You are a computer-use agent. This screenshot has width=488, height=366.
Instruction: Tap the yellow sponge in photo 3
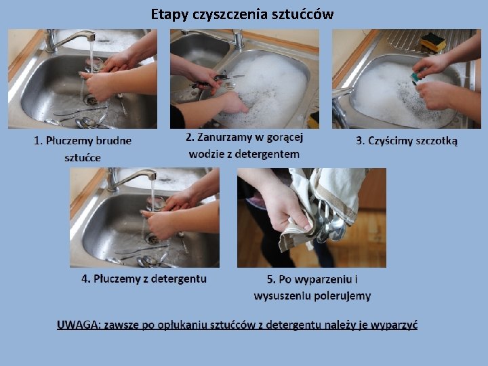pos(433,43)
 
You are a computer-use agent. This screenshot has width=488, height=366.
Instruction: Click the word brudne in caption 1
pos(114,141)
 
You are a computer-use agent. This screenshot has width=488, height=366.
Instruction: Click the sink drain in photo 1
pos(91,100)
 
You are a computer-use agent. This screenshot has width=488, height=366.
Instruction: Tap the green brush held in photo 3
pos(415,77)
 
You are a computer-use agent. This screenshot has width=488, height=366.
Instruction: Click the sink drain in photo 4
pos(152,239)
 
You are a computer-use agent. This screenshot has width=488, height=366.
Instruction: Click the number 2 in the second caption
pos(189,137)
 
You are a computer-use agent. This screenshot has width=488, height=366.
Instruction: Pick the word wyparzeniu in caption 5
pos(323,279)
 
